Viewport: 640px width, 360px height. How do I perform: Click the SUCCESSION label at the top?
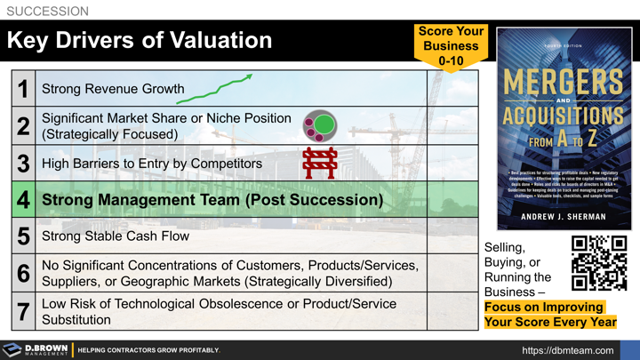click(x=48, y=12)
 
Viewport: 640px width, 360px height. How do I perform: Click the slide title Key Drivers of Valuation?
click(x=140, y=40)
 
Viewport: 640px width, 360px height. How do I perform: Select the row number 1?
click(x=23, y=89)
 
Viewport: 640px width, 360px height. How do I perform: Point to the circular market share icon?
click(x=320, y=126)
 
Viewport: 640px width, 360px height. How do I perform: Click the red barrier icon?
click(x=319, y=164)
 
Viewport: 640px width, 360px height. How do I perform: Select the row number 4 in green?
click(x=23, y=200)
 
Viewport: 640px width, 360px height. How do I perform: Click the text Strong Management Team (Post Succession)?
click(x=212, y=200)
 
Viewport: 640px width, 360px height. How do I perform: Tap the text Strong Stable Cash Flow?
click(x=115, y=237)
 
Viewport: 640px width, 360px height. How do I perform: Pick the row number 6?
click(x=23, y=274)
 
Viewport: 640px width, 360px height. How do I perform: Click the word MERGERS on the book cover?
click(x=564, y=83)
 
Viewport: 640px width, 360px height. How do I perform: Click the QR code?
click(x=599, y=262)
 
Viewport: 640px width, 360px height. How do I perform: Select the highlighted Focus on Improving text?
click(x=543, y=307)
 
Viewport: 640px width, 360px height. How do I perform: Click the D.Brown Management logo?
click(x=36, y=350)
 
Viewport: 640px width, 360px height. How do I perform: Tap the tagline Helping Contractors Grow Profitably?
click(x=148, y=350)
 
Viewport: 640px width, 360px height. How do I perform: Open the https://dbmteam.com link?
click(x=568, y=350)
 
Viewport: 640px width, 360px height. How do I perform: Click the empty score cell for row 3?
click(x=452, y=164)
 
